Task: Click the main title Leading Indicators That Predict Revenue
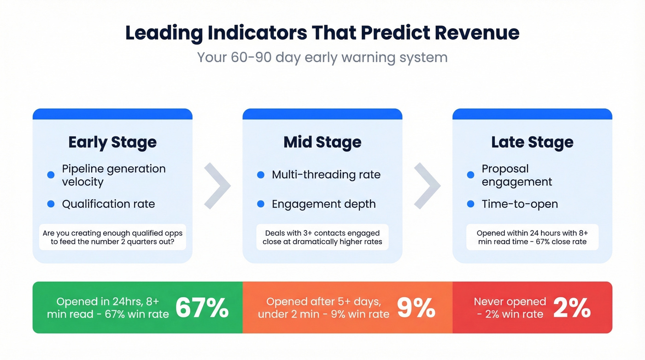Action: click(322, 33)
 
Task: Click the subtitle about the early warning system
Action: click(322, 58)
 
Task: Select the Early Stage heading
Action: click(112, 142)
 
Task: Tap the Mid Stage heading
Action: click(322, 142)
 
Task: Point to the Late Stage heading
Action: click(532, 142)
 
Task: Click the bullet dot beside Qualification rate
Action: click(51, 204)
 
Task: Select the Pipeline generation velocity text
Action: click(114, 175)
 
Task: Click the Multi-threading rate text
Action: click(326, 175)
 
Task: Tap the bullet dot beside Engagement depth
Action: click(261, 204)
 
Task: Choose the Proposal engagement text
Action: click(516, 175)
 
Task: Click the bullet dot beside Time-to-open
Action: click(470, 204)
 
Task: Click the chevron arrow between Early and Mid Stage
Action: click(217, 185)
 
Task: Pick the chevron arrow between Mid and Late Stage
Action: click(427, 185)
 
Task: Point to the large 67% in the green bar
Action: click(202, 307)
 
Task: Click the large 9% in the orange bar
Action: click(416, 307)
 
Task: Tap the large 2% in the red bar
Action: click(572, 307)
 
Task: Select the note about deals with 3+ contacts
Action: click(322, 237)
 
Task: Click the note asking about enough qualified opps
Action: click(112, 237)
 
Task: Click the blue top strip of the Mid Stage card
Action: click(322, 114)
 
